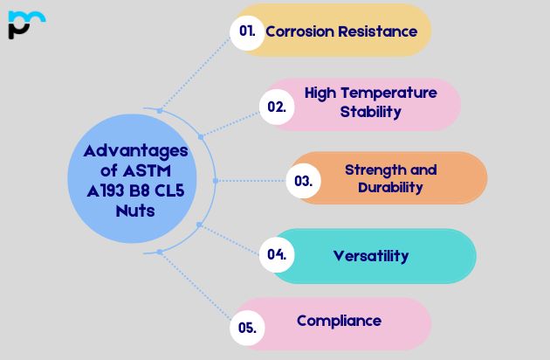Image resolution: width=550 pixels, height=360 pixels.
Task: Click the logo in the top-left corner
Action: click(25, 25)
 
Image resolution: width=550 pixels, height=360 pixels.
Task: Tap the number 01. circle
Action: click(247, 31)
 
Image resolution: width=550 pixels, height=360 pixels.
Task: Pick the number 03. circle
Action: click(303, 182)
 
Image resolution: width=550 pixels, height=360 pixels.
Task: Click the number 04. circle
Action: click(277, 255)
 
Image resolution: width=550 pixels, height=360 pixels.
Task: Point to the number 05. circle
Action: click(246, 328)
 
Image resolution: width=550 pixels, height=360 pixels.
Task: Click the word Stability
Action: click(370, 112)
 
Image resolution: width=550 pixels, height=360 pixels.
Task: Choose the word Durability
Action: click(390, 187)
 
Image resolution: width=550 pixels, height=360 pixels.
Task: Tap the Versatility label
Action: click(371, 256)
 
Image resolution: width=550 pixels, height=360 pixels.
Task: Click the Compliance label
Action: click(339, 321)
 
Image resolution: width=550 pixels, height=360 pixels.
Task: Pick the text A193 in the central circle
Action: click(99, 190)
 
